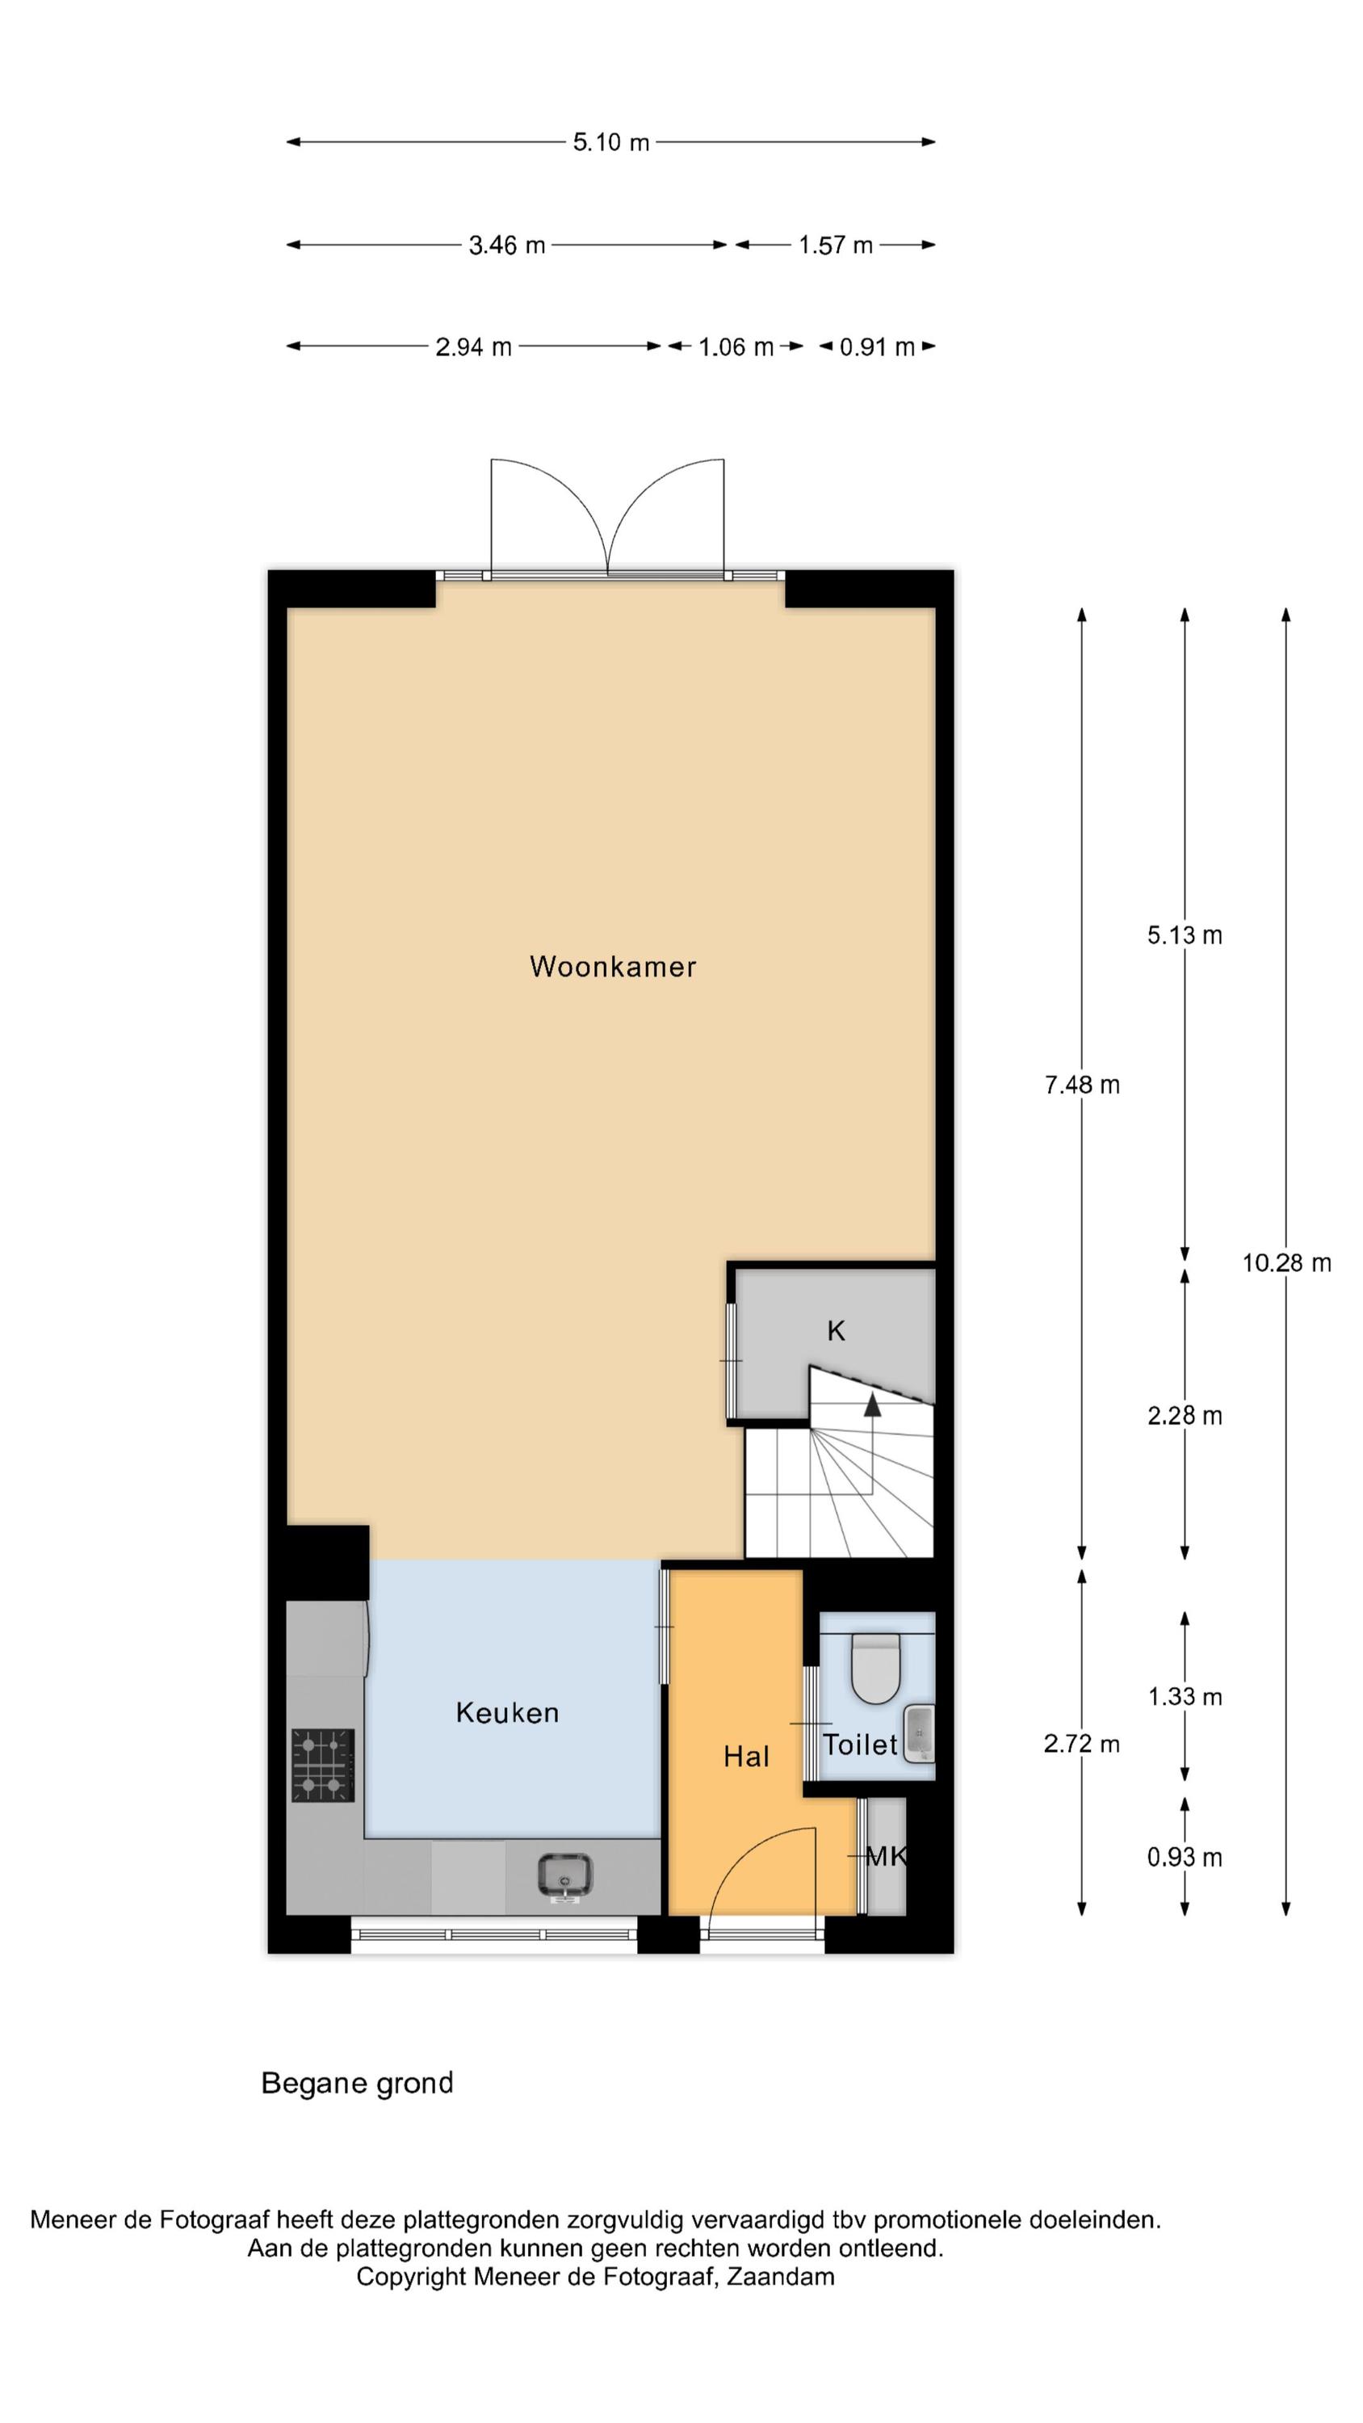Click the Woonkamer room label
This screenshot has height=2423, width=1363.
[612, 966]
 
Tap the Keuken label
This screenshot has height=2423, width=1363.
[507, 1713]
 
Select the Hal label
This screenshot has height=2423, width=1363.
[746, 1756]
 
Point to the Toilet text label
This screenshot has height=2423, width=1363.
[861, 1745]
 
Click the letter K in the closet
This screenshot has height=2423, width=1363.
[835, 1331]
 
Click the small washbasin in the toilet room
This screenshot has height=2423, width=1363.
[919, 1732]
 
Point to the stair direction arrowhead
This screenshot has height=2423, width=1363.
[873, 1405]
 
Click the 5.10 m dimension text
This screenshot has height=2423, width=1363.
[611, 142]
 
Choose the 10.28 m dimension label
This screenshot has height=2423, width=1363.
[1285, 1263]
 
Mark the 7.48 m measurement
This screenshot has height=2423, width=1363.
[1082, 1085]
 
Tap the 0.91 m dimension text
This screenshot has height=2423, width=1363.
[877, 347]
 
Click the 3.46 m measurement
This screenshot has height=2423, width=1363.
[507, 246]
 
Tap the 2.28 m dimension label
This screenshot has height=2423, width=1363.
[1185, 1416]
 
